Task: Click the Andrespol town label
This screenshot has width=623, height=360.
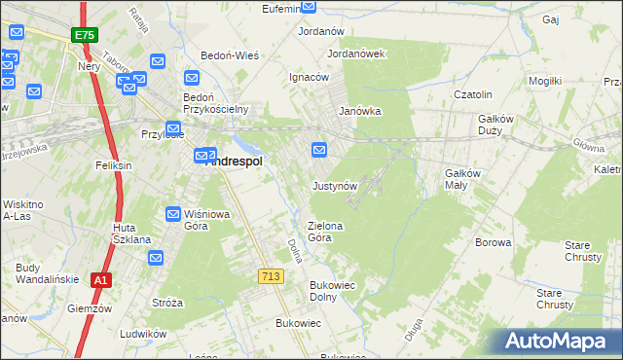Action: point(235,162)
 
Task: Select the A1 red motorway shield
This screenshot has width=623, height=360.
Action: point(99,280)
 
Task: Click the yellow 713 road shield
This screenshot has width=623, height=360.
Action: point(272,277)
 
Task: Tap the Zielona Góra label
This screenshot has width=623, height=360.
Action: point(326,232)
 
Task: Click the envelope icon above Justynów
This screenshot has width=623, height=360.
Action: point(319,149)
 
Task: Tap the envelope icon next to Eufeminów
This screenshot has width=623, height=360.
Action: point(310,6)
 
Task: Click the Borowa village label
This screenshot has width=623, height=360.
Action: point(493,242)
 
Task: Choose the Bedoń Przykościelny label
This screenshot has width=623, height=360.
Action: point(218,102)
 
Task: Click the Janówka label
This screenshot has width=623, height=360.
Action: point(359,111)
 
